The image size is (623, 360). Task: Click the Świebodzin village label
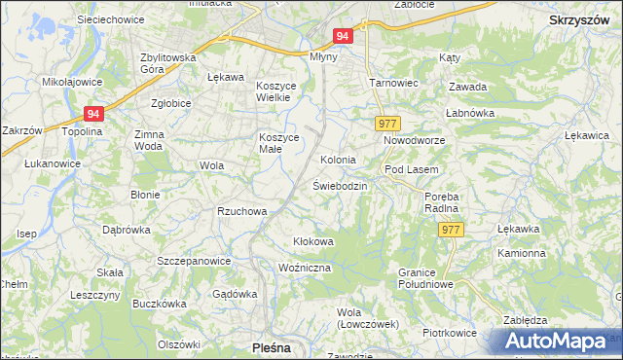pyautogui.click(x=339, y=185)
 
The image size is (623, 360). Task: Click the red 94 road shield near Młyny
pyautogui.click(x=341, y=35)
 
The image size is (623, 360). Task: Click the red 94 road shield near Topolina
pyautogui.click(x=92, y=113)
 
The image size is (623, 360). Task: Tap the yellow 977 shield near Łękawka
pyautogui.click(x=450, y=230)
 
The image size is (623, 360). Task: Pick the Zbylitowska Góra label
pyautogui.click(x=168, y=63)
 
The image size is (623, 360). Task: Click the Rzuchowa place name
pyautogui.click(x=241, y=210)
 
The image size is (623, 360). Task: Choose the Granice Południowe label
pyautogui.click(x=426, y=277)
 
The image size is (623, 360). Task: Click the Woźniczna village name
pyautogui.click(x=305, y=267)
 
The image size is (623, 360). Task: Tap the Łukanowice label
pyautogui.click(x=53, y=163)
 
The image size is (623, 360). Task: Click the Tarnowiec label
pyautogui.click(x=393, y=83)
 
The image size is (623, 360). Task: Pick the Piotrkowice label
pyautogui.click(x=450, y=332)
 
